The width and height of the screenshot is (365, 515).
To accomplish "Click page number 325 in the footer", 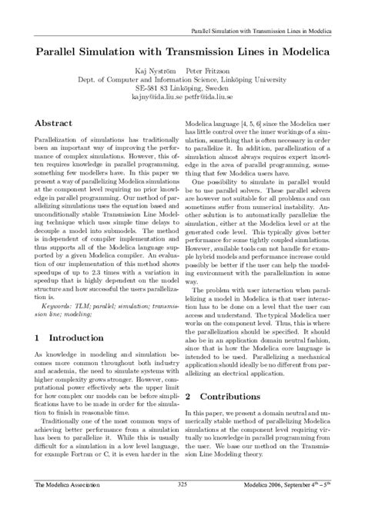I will pos(182,505).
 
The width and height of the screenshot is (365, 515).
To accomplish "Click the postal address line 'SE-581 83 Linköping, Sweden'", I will pos(182,88).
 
